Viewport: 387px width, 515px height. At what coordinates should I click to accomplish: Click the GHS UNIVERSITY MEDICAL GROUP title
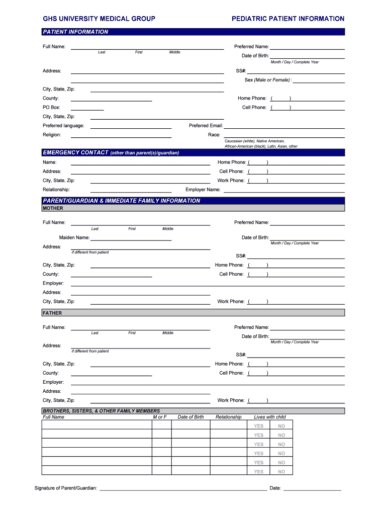point(99,19)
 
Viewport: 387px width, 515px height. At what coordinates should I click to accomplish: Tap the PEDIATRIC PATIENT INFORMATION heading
point(288,19)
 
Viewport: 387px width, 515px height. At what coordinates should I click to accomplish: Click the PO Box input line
point(87,108)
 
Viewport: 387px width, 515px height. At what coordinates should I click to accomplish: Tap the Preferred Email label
point(206,126)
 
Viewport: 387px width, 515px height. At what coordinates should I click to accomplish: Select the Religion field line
point(121,136)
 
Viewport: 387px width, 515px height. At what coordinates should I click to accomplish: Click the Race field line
point(284,136)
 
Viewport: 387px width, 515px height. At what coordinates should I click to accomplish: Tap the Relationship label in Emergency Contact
point(56,190)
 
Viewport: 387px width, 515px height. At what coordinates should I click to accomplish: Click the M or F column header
point(160,417)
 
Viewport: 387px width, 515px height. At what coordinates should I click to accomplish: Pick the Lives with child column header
point(270,417)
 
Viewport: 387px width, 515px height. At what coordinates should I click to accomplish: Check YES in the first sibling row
point(258,426)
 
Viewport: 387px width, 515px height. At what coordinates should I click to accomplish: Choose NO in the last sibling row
point(281,471)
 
